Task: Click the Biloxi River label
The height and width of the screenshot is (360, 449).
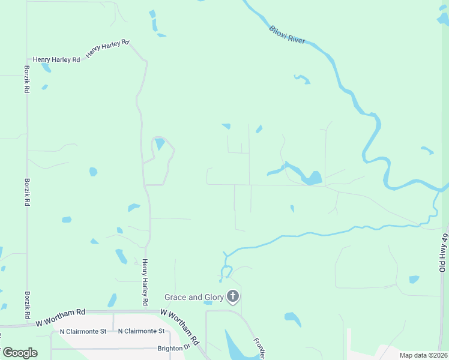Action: (287, 34)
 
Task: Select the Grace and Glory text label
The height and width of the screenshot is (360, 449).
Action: (194, 297)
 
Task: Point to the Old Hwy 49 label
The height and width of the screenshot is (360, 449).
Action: (444, 253)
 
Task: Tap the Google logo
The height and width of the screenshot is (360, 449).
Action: (19, 353)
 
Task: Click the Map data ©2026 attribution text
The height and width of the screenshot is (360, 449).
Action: (423, 355)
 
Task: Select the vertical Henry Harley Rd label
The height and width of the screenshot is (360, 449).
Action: (145, 283)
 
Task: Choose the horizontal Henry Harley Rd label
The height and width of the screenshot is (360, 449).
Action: (56, 59)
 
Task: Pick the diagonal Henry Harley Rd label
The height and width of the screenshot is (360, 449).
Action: (108, 49)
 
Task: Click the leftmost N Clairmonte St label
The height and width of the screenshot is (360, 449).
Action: (83, 331)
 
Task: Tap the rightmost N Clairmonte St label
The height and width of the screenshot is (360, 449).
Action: (141, 331)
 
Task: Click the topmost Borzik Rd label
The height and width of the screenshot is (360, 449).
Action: (26, 79)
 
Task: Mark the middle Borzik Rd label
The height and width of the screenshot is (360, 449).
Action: (26, 191)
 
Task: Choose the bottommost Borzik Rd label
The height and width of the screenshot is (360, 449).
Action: (27, 304)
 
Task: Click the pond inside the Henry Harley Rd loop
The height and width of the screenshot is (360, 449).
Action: (160, 144)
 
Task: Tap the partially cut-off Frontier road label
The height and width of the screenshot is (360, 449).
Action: (259, 347)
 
